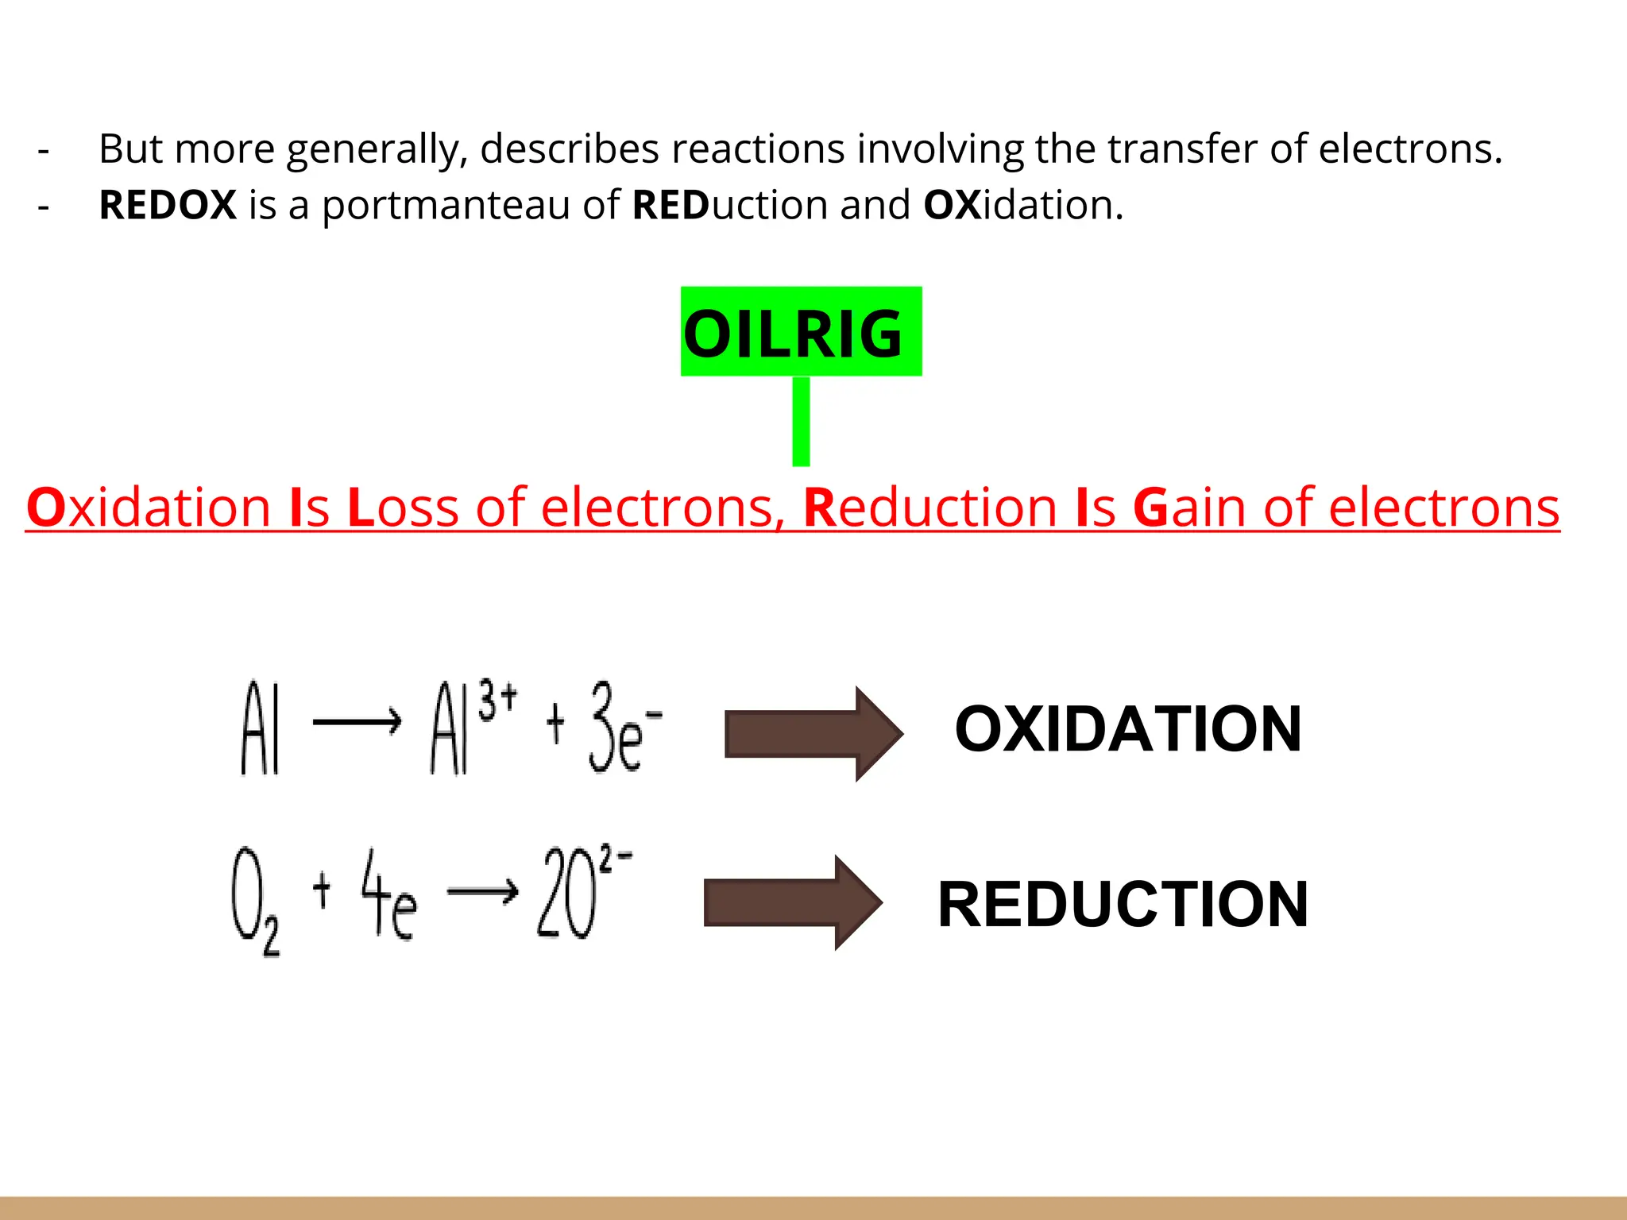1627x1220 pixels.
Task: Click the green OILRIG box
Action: pyautogui.click(x=801, y=331)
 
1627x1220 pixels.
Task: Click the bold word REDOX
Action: pyautogui.click(x=168, y=205)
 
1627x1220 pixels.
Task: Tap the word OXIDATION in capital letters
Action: pyautogui.click(x=1128, y=729)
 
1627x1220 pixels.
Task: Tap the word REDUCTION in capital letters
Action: pyautogui.click(x=1123, y=904)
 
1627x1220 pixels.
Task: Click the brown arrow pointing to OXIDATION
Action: pyautogui.click(x=813, y=733)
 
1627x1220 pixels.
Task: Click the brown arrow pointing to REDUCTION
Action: pyautogui.click(x=793, y=902)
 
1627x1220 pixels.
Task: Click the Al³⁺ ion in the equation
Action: pyautogui.click(x=473, y=727)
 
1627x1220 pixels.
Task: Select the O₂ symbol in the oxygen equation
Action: pyautogui.click(x=255, y=901)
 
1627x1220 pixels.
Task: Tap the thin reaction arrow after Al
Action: pyautogui.click(x=357, y=722)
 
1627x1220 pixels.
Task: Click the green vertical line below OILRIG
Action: pyautogui.click(x=801, y=421)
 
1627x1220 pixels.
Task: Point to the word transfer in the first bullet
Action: pyautogui.click(x=1181, y=149)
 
